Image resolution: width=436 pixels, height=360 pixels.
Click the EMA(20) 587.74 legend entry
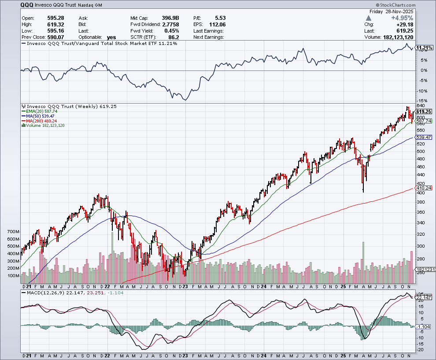42,111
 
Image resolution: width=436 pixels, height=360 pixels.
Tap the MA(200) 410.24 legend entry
43,121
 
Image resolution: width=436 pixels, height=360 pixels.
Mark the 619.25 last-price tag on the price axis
423,111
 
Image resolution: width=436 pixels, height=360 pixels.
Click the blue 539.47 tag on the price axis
423,137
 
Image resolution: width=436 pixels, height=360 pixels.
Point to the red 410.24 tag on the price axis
423,188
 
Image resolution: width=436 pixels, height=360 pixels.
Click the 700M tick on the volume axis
14,231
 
